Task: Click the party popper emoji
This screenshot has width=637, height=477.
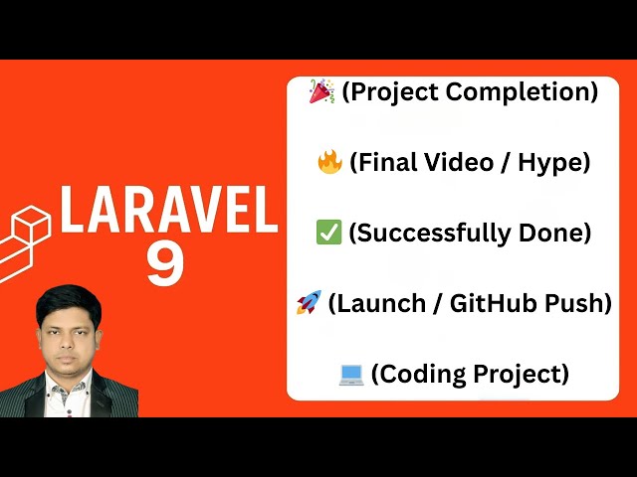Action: click(x=321, y=92)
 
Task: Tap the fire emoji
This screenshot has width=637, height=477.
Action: click(x=328, y=163)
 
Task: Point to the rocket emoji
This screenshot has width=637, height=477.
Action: click(x=308, y=304)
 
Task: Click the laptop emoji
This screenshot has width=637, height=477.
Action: click(x=350, y=375)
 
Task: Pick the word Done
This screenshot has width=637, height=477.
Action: click(x=556, y=234)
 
